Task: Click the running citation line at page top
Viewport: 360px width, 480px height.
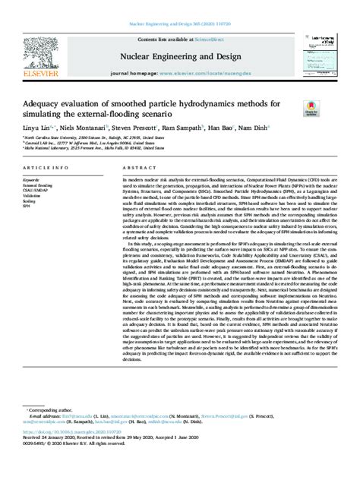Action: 180,6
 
